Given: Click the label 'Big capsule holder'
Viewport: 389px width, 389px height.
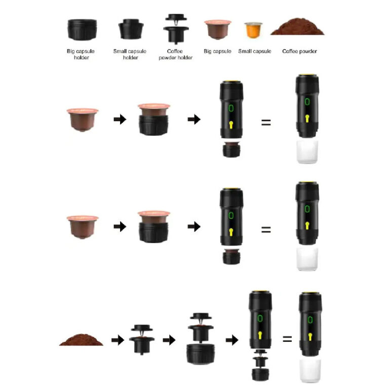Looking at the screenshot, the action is tap(81, 54).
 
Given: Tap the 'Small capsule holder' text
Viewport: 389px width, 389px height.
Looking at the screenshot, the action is tap(130, 54).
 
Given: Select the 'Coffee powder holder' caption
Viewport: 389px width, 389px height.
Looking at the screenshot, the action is tap(175, 54).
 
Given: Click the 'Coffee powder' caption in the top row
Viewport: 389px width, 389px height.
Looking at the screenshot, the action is tap(299, 51).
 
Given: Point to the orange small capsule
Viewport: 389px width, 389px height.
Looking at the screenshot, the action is tap(253, 30).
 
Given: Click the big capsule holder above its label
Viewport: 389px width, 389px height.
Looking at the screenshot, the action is tap(82, 29).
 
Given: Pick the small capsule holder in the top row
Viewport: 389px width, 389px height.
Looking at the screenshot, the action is tap(131, 29).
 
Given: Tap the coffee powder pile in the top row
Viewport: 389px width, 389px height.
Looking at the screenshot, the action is tap(297, 26).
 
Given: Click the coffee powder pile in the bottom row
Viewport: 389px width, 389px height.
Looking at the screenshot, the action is tap(81, 340).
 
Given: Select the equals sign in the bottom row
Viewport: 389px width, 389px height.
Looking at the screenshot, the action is tap(287, 339).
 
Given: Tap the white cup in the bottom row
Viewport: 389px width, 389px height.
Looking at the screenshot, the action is tap(310, 371).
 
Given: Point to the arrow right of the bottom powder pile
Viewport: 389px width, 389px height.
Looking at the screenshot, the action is tap(118, 340).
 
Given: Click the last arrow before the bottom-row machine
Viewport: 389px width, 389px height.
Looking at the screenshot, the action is tap(232, 340).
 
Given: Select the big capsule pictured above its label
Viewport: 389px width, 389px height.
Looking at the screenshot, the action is tap(218, 29).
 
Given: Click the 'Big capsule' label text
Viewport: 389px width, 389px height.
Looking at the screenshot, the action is tap(217, 51).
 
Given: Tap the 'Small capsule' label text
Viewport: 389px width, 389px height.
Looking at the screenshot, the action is tap(255, 51).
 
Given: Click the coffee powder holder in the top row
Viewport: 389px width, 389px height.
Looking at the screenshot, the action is tap(176, 29).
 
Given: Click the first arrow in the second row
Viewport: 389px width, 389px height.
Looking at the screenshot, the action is tap(120, 120).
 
